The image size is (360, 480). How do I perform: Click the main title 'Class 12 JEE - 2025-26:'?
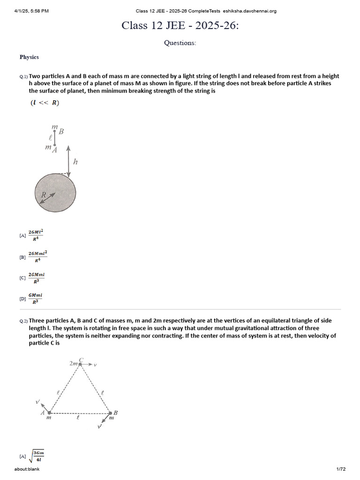pyautogui.click(x=180, y=25)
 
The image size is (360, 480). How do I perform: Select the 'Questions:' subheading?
pyautogui.click(x=180, y=43)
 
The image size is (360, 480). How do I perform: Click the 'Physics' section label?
pyautogui.click(x=29, y=57)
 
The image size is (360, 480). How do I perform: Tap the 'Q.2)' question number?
pyautogui.click(x=23, y=322)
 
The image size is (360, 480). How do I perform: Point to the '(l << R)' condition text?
pyautogui.click(x=45, y=103)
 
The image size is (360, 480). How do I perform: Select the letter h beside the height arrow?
pyautogui.click(x=75, y=162)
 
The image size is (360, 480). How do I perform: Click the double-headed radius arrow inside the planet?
pyautogui.click(x=47, y=197)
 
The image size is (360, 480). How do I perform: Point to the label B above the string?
pyautogui.click(x=61, y=132)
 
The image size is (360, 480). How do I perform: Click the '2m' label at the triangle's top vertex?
pyautogui.click(x=73, y=363)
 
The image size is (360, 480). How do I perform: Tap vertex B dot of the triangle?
pyautogui.click(x=111, y=413)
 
